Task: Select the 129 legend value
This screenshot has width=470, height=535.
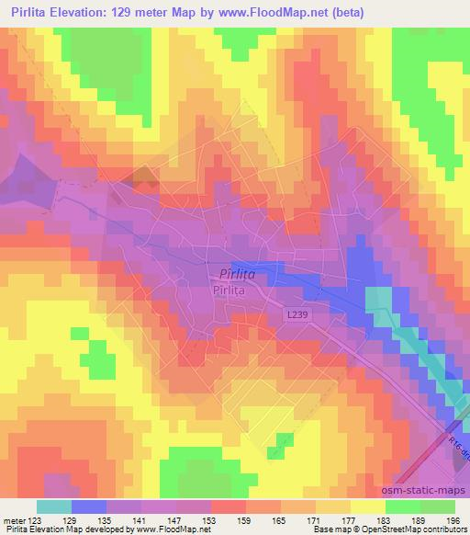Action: pyautogui.click(x=72, y=519)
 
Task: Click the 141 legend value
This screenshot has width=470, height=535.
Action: pyautogui.click(x=141, y=519)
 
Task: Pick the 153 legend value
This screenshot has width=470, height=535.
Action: pyautogui.click(x=211, y=519)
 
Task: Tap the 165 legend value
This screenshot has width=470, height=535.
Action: pyautogui.click(x=281, y=519)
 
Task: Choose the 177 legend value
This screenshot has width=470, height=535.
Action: pyautogui.click(x=351, y=519)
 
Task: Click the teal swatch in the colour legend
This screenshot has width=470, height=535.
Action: pyautogui.click(x=53, y=507)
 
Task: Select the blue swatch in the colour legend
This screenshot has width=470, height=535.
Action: pyautogui.click(x=89, y=507)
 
